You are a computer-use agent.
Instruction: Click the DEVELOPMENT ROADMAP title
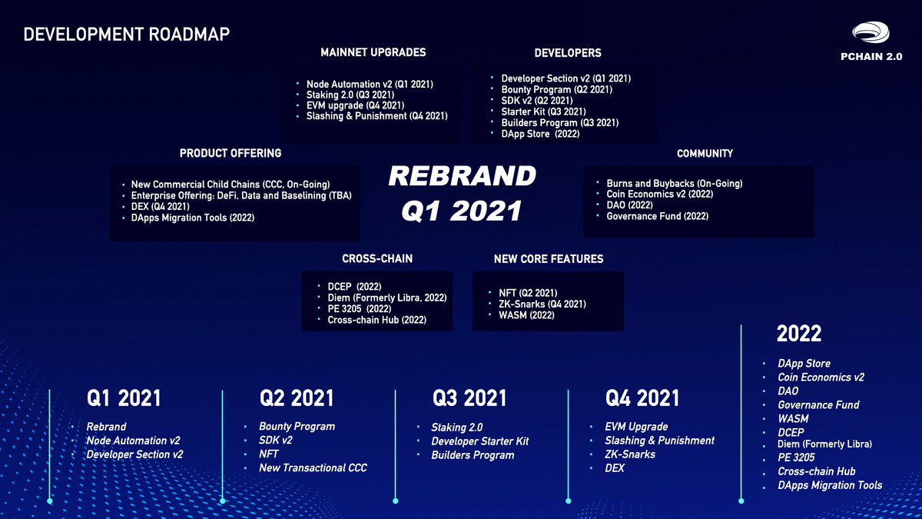127,35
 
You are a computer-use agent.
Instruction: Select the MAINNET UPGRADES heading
373,52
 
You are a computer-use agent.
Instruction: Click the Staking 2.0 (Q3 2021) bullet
350,95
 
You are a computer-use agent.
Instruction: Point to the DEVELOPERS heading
567,53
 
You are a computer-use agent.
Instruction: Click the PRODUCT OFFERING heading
230,153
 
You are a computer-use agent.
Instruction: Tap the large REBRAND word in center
462,176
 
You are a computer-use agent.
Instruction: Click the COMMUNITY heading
705,154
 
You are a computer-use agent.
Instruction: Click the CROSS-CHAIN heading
377,259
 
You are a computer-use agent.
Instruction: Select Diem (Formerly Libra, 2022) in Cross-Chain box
386,298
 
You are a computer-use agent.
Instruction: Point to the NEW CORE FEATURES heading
549,259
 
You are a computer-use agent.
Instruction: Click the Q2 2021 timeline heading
297,398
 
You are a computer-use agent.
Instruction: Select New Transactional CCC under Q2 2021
313,468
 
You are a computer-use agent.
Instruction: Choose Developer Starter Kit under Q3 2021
479,441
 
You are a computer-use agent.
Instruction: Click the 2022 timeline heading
799,334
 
